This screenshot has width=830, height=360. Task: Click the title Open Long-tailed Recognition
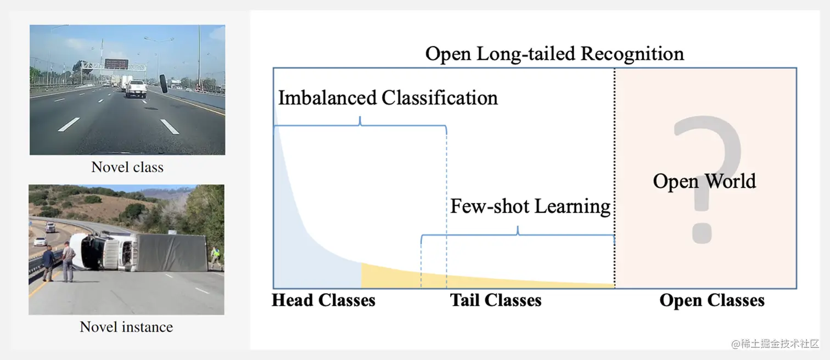(x=554, y=54)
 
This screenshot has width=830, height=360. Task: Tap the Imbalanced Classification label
(x=388, y=98)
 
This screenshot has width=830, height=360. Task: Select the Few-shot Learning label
(x=530, y=206)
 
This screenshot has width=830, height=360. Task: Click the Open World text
(x=704, y=181)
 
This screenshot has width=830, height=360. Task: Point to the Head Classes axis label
(x=323, y=300)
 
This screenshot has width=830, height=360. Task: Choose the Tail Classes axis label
(x=496, y=300)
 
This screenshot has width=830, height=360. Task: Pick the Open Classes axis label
(x=712, y=300)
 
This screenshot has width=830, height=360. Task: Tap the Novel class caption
(x=127, y=167)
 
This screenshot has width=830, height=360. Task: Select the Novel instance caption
(x=126, y=327)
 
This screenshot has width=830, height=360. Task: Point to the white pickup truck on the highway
(x=136, y=88)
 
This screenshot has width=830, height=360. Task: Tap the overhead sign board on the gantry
(x=116, y=64)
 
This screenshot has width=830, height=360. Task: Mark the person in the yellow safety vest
(x=217, y=256)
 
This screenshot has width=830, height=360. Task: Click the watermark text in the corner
(x=775, y=344)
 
